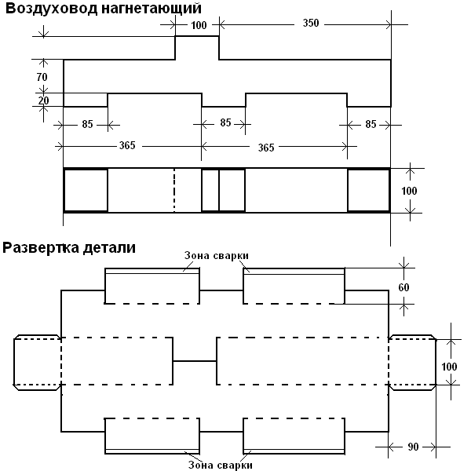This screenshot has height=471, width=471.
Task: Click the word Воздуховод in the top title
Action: point(52,9)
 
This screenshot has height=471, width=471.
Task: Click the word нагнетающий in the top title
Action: point(152,9)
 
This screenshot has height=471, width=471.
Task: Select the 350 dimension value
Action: point(311,23)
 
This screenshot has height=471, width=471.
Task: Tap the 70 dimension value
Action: point(42,77)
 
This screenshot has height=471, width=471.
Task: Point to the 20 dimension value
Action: point(43,100)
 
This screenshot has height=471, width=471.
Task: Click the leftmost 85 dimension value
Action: point(87,124)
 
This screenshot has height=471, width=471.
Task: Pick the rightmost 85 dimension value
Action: point(371,124)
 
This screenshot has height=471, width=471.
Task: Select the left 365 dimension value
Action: point(127,146)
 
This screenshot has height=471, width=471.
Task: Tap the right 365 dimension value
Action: point(266,148)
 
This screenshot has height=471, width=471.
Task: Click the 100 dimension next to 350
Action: point(199,25)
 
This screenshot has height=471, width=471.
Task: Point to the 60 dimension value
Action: point(403,287)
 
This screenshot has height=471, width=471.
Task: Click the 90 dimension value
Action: point(413,447)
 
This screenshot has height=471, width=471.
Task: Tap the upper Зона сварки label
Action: point(217,255)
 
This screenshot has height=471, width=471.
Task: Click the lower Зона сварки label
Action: point(220,465)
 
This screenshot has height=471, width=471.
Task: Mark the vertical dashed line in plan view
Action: point(174,191)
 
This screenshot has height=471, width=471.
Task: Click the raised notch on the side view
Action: point(197,36)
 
